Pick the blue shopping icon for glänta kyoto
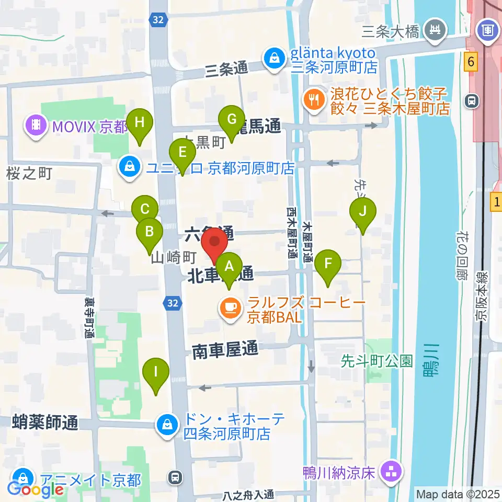pyautogui.click(x=273, y=59)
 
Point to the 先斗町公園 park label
pyautogui.click(x=376, y=361)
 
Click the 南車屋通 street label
pyautogui.click(x=225, y=351)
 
